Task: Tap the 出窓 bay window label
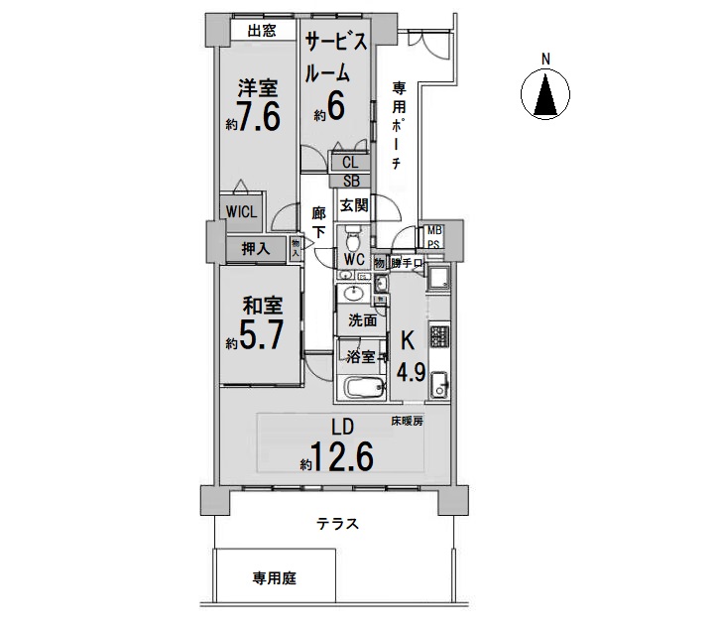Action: coord(262,31)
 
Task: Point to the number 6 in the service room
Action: coord(335,106)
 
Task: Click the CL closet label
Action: coord(350,163)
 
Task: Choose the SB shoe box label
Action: coord(351,181)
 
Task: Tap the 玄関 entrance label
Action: coord(353,205)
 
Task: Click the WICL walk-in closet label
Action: coord(242,212)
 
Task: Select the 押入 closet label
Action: coord(256,249)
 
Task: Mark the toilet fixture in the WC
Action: coord(352,238)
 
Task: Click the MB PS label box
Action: coord(433,237)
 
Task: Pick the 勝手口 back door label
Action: coord(407,263)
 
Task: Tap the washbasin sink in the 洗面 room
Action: coord(353,294)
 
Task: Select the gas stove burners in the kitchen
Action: coord(439,336)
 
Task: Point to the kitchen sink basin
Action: coord(440,385)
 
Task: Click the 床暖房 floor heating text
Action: coord(407,422)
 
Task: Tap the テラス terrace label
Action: coord(337,524)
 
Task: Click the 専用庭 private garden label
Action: coord(274,578)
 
